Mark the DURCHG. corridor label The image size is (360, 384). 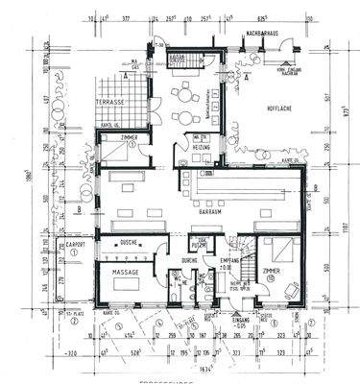pyautogui.click(x=190, y=260)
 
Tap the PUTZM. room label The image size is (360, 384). pyautogui.click(x=199, y=241)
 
